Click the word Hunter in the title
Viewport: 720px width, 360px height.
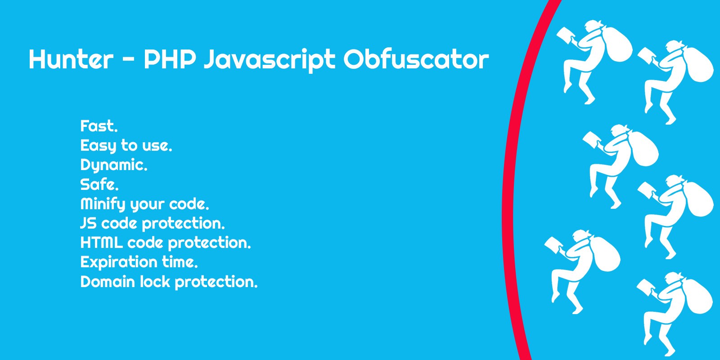coord(71,59)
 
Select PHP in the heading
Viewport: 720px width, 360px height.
coord(170,59)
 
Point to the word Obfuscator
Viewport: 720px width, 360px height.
coord(416,59)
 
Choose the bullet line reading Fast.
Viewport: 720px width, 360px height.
coord(99,126)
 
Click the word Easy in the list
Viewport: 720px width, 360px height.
coord(98,146)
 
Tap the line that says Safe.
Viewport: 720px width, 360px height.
coord(99,184)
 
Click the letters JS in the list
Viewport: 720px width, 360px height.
coord(88,223)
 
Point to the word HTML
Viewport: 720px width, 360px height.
coord(101,243)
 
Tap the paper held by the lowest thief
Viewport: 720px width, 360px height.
coord(646,287)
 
